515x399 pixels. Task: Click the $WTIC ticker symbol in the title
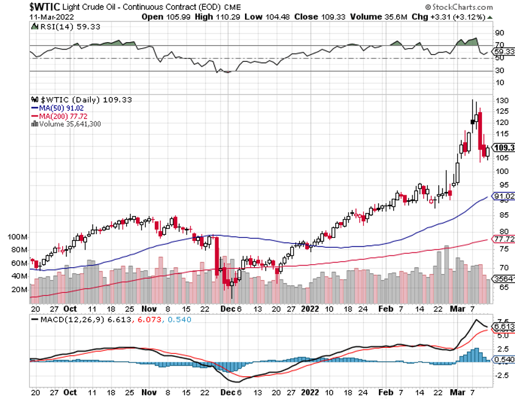click(x=47, y=6)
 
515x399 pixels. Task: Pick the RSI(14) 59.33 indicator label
click(x=59, y=27)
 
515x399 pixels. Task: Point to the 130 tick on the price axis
click(x=502, y=99)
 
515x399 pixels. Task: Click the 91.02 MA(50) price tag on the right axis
click(x=503, y=196)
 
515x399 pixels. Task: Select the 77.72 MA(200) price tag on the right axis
click(x=503, y=239)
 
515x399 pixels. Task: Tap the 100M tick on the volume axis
click(x=16, y=237)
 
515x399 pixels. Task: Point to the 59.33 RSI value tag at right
click(x=503, y=52)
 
